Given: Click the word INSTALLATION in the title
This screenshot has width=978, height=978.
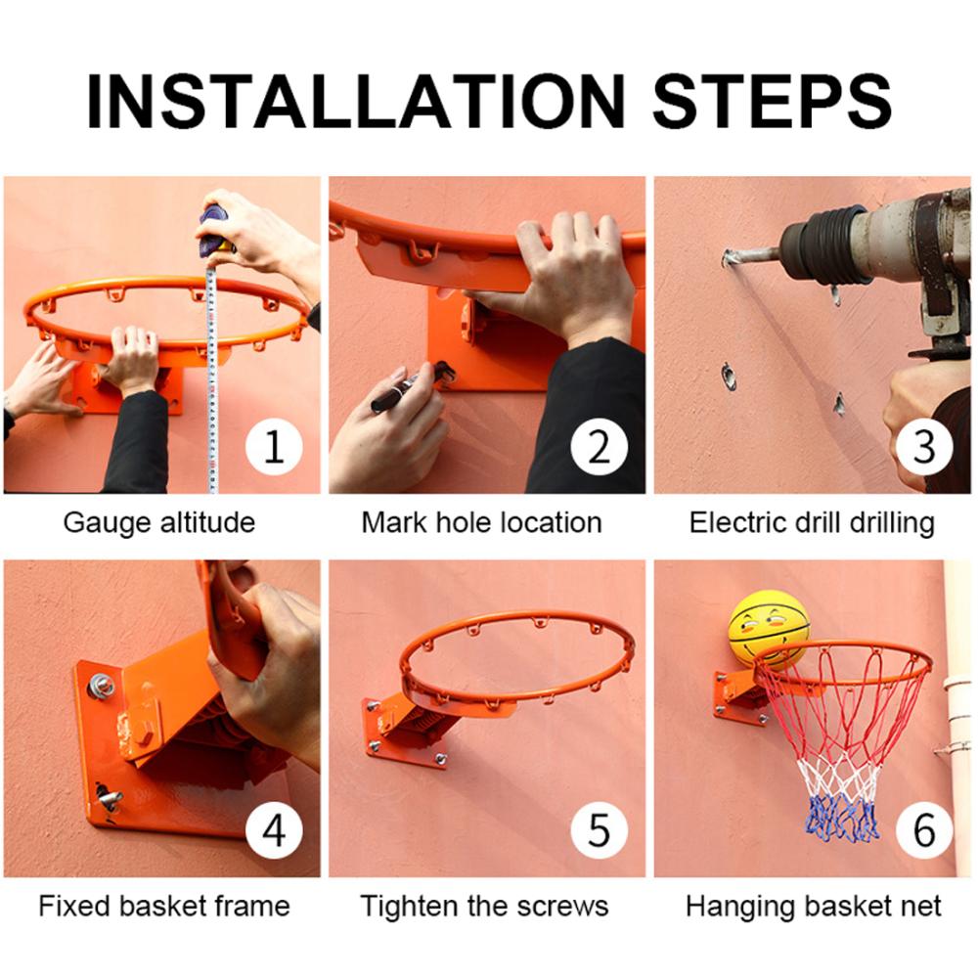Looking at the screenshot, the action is coord(356,101).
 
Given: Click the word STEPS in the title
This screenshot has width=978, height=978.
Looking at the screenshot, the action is coord(773,101).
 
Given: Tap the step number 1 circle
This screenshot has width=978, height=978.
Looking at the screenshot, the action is coord(274,447).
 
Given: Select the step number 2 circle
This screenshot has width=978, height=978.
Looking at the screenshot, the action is coord(600,447).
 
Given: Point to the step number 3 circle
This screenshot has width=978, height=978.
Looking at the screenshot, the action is coord(924,447).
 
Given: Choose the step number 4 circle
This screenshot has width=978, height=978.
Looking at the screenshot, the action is coord(274,830).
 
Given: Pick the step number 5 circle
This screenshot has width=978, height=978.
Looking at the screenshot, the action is coord(600,830).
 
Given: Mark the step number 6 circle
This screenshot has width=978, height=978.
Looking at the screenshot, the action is coord(924,830).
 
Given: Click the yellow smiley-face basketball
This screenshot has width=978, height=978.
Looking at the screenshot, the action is coord(769,630).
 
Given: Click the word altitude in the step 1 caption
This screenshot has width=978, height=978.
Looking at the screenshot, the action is coord(207,522).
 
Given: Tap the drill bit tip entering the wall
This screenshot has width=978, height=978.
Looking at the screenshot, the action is coord(730,257).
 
